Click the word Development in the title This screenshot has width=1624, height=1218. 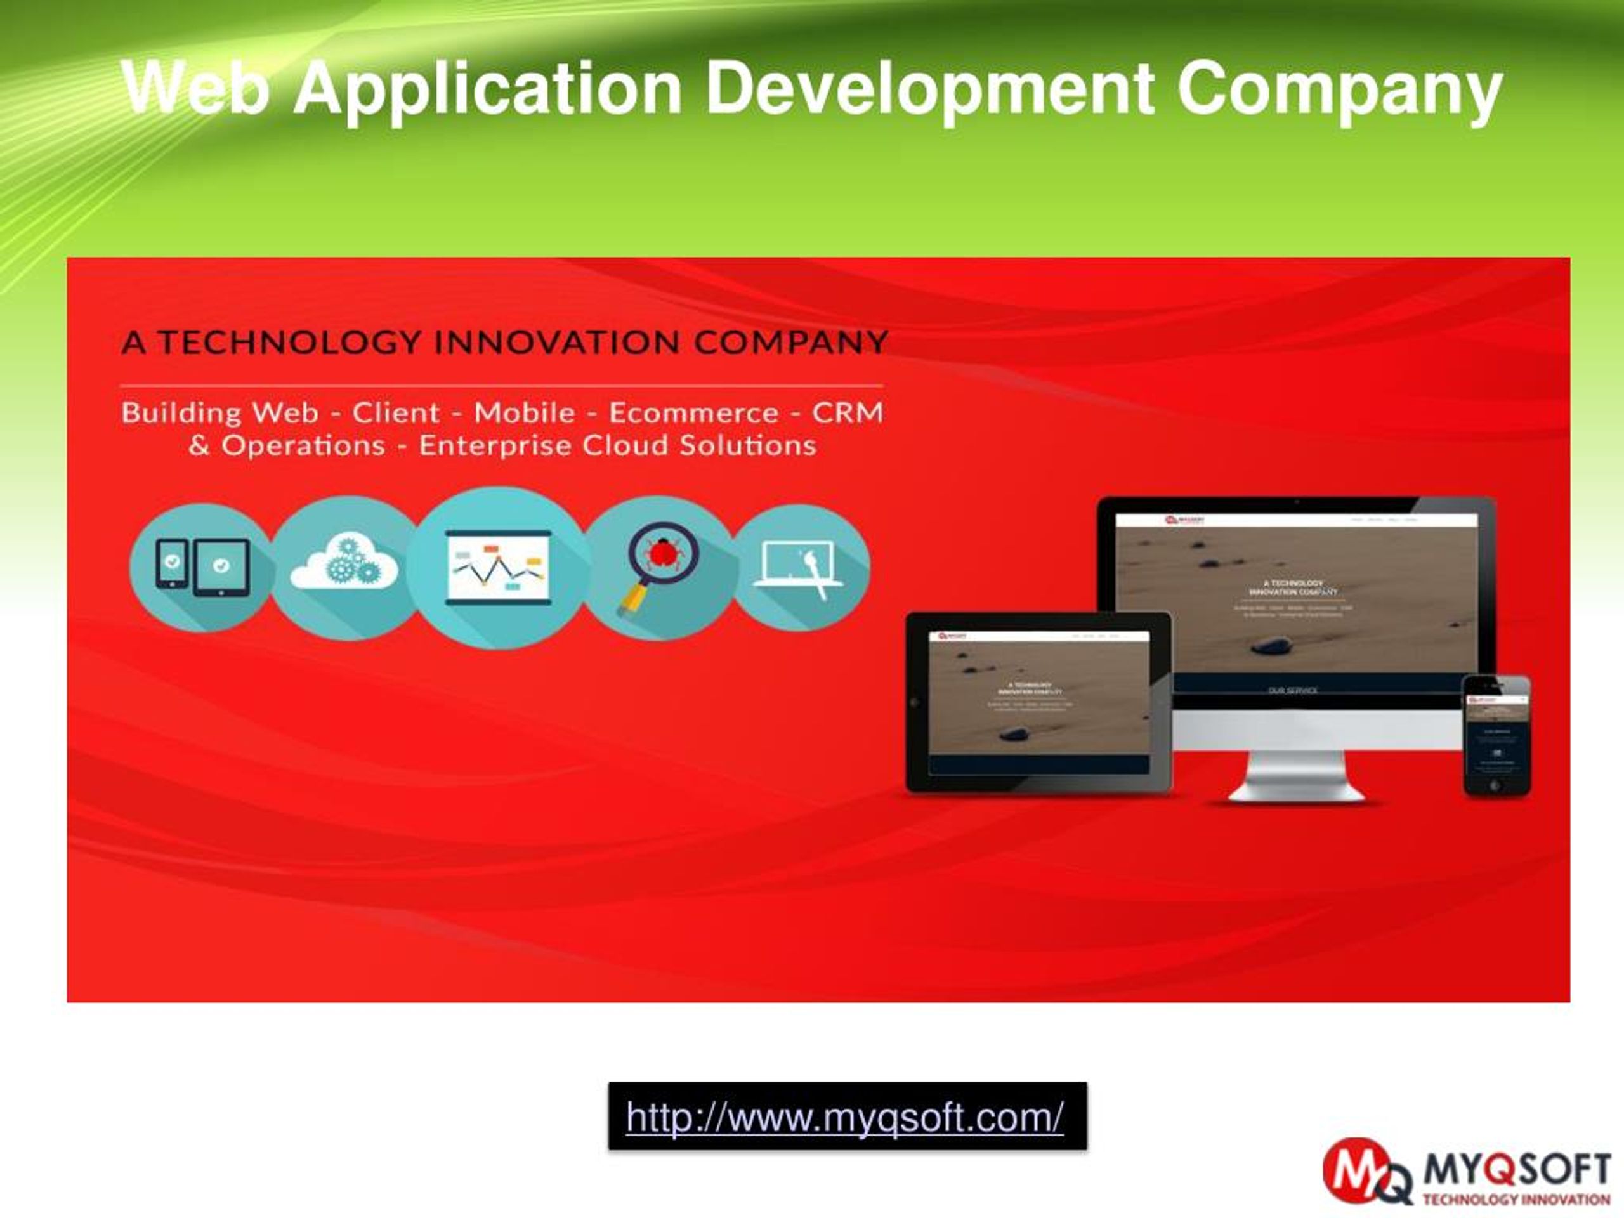(x=930, y=89)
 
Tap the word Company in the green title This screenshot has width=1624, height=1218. (x=1339, y=89)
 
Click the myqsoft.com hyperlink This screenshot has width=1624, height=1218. (x=844, y=1117)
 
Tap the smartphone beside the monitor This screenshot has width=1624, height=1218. (x=1496, y=734)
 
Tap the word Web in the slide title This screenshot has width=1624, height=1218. (x=195, y=89)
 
